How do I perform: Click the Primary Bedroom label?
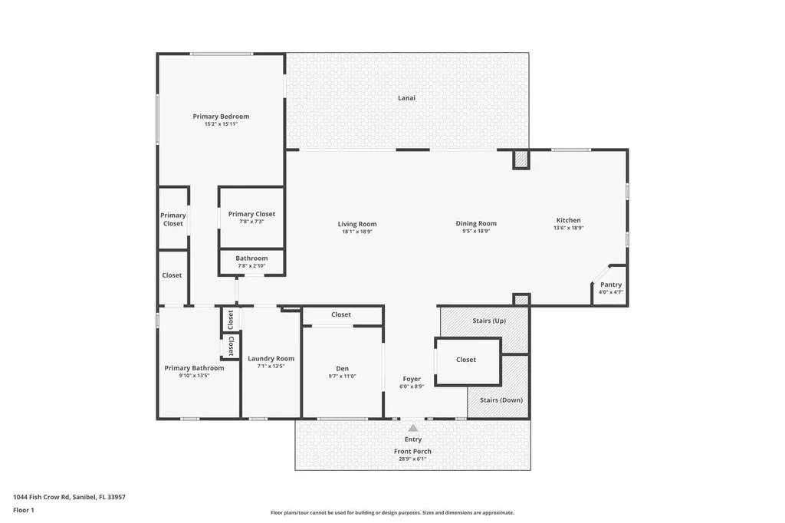(221, 117)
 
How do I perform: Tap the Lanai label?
(406, 98)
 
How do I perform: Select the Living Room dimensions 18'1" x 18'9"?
(357, 231)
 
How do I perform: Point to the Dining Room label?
(476, 224)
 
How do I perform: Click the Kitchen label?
(568, 220)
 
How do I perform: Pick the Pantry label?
(611, 285)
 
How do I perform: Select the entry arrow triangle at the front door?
(412, 428)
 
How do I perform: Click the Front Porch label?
(412, 452)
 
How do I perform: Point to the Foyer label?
(412, 379)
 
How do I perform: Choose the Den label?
(343, 369)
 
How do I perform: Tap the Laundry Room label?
(271, 359)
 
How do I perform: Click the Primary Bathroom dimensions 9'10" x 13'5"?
(194, 376)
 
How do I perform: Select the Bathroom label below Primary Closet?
(251, 258)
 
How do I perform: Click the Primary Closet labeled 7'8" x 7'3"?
(251, 214)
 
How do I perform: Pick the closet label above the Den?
(341, 314)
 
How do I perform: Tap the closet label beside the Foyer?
(466, 360)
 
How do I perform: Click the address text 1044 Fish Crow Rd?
(69, 497)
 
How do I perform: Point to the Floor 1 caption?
(24, 510)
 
